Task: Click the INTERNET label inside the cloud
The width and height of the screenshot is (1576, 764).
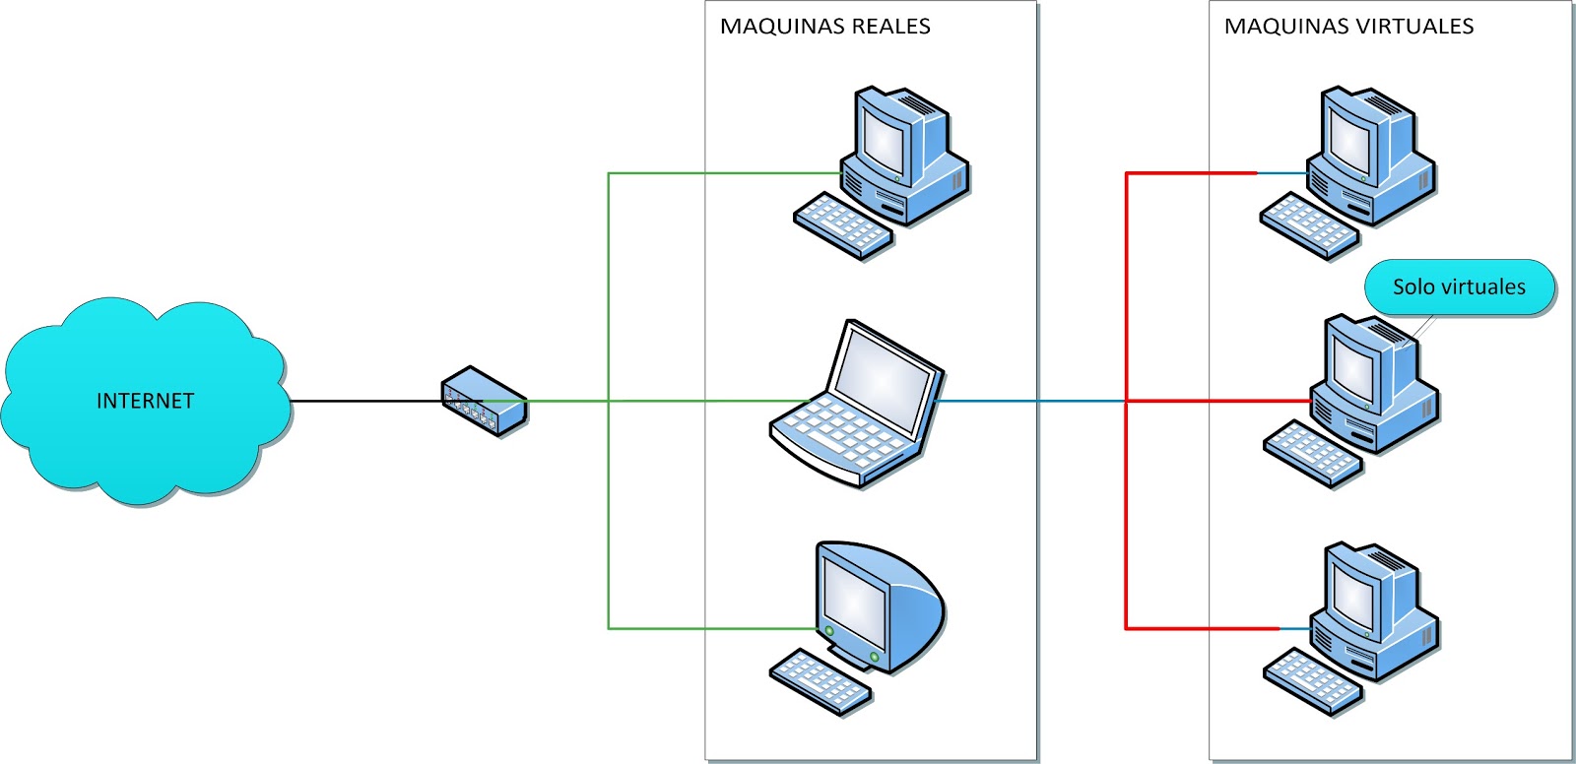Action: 145,401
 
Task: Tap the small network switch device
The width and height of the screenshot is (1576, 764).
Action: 484,402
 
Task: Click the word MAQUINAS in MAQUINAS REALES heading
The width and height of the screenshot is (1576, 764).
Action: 767,27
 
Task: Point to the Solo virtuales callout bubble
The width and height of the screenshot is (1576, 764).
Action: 1458,287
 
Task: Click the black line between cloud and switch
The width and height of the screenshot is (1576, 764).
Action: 364,401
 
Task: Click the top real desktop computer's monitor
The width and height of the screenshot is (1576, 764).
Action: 883,139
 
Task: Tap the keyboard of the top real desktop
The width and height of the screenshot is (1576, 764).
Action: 843,225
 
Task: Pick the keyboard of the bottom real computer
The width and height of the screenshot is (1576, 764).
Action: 820,681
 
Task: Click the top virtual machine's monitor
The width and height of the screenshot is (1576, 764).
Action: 1349,139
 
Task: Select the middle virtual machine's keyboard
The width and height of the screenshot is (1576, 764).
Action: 1312,454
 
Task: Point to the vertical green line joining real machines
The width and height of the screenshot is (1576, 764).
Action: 609,512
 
